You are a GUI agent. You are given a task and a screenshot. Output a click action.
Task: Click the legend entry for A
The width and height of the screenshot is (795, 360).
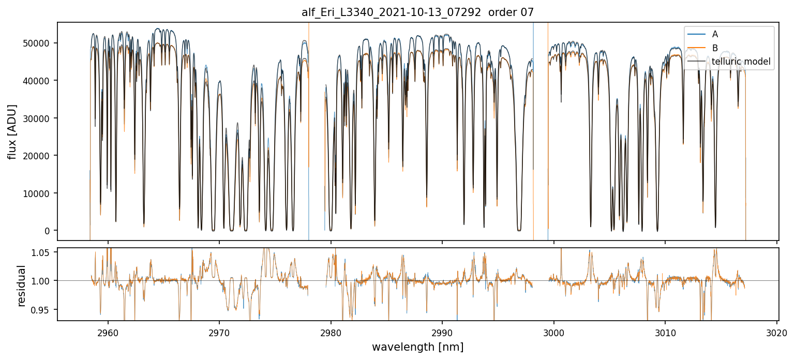(715, 34)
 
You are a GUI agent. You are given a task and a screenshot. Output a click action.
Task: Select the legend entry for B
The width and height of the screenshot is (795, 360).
(715, 48)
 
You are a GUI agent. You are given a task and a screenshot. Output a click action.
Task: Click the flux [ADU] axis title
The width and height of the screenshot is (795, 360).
(12, 131)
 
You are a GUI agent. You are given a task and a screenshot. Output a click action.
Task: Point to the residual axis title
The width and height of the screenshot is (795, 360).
(21, 286)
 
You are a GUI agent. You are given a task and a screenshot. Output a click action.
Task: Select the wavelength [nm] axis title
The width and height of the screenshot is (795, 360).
(417, 347)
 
